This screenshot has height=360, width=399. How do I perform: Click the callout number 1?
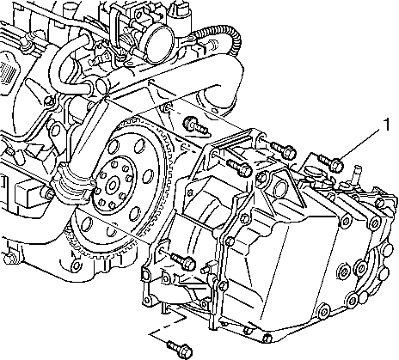click(x=387, y=125)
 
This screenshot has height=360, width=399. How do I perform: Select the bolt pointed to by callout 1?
click(x=331, y=162)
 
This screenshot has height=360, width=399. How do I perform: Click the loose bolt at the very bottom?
click(x=180, y=348)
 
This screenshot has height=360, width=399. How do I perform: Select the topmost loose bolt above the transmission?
click(x=195, y=125)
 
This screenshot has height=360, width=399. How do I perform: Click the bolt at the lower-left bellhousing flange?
click(x=183, y=260)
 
